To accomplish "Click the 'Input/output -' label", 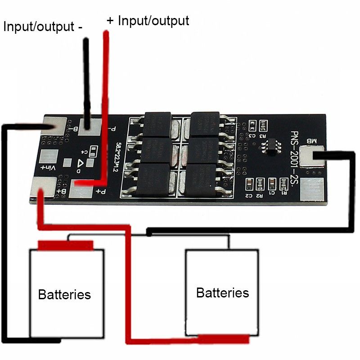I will click(43, 26).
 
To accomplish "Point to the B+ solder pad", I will click(45, 186).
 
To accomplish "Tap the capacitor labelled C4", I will click(93, 150).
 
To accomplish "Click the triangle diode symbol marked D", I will click(83, 164).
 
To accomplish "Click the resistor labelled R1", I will click(283, 184).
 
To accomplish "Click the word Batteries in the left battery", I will click(64, 295).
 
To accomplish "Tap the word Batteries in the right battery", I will click(222, 293).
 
